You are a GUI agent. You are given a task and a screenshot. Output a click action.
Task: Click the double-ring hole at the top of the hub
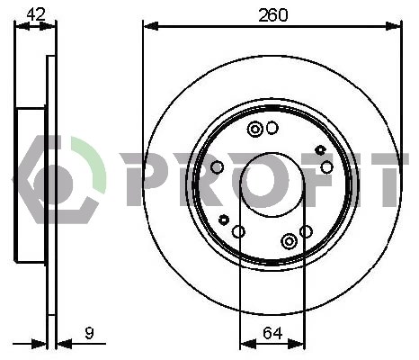[x=255, y=129]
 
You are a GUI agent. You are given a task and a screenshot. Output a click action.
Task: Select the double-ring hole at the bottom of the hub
[x=289, y=241]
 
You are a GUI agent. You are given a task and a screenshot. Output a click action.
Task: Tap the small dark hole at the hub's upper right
[x=320, y=149]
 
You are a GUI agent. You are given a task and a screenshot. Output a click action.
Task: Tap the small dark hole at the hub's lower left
[x=224, y=220]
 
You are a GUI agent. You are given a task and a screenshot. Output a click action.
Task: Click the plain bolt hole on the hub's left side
[x=217, y=167]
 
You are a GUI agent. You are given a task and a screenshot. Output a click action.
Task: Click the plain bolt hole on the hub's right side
[x=326, y=167]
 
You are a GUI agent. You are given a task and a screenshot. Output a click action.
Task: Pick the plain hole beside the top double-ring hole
[x=272, y=128]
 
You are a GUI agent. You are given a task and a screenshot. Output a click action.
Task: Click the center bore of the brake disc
[x=272, y=184]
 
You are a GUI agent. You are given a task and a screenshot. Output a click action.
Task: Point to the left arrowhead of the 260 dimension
[x=149, y=26]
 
